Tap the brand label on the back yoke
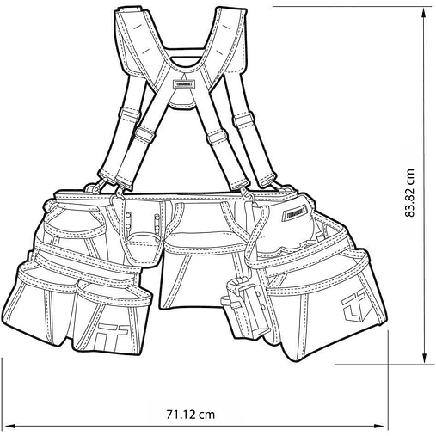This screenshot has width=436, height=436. pyautogui.click(x=185, y=84)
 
